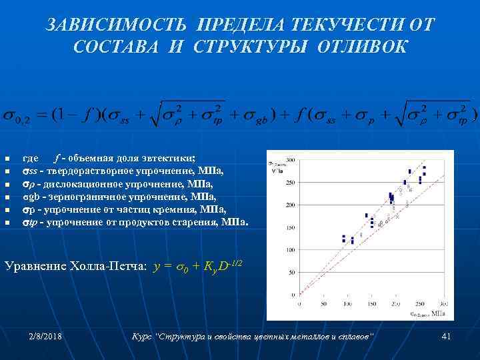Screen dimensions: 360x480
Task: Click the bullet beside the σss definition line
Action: tap(7, 171)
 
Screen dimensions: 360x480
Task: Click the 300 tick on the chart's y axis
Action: tap(291, 160)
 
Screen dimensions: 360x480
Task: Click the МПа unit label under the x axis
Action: tap(439, 312)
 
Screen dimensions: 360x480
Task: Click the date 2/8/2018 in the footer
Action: tap(46, 337)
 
